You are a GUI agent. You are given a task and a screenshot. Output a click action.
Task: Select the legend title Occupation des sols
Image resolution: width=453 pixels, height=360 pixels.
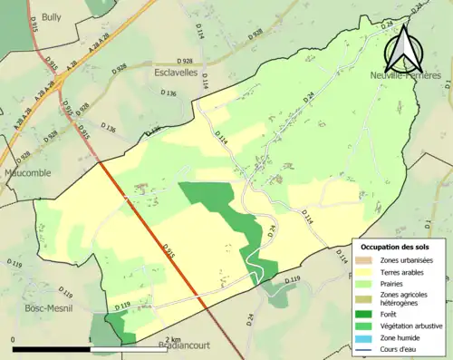click(x=395, y=247)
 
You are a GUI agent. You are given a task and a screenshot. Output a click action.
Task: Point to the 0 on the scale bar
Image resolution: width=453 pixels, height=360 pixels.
click(x=14, y=338)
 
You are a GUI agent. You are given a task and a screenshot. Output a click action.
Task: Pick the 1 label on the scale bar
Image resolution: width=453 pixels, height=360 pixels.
click(x=91, y=338)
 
